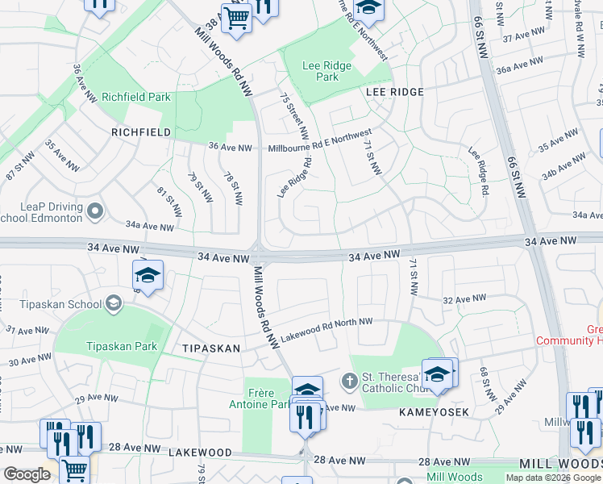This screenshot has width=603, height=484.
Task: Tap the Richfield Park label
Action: (135, 97)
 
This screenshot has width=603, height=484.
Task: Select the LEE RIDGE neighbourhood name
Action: (394, 92)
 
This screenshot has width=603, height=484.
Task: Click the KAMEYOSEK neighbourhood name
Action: (434, 411)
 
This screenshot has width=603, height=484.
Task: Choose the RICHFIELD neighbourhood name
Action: (141, 131)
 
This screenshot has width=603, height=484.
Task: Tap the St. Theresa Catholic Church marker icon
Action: (349, 380)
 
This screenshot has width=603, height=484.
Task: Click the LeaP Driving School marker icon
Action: (95, 212)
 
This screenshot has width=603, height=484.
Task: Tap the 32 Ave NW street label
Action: (464, 299)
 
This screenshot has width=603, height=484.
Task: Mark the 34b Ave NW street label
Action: (561, 171)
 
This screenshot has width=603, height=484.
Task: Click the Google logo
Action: (27, 474)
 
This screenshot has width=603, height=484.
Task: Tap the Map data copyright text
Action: (553, 478)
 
